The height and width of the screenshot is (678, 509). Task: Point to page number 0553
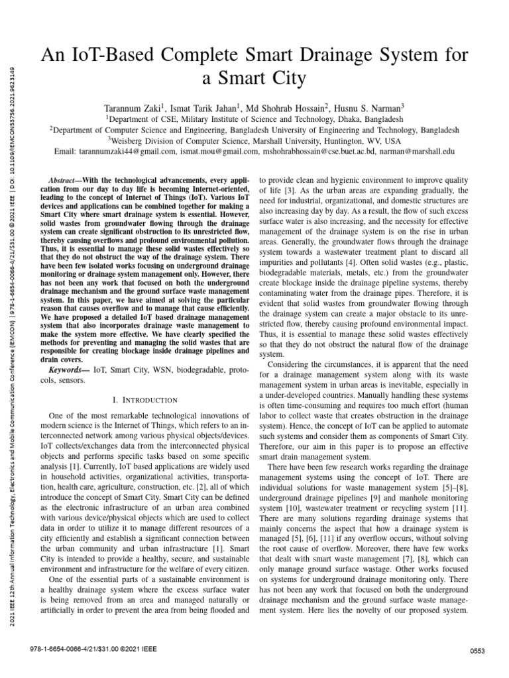pyautogui.click(x=478, y=652)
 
